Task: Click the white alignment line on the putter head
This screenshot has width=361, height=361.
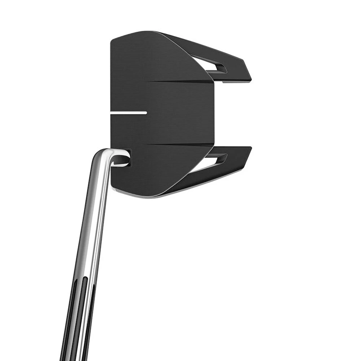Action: coord(129,112)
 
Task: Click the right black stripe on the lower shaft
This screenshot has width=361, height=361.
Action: coord(86,333)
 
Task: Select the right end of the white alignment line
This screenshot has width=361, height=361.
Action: coord(146,112)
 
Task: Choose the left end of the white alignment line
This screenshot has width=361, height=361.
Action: coord(112,112)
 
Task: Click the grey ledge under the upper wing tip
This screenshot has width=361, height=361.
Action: coord(234,81)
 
